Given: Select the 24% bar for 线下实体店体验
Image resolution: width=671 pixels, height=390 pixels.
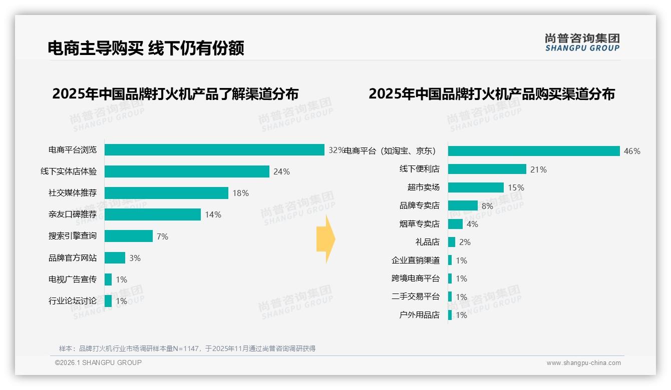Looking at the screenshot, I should [187, 171].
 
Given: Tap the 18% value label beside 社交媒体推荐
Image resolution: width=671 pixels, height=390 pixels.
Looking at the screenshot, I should [240, 193].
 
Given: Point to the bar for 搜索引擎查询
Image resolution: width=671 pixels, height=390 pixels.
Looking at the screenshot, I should [129, 236].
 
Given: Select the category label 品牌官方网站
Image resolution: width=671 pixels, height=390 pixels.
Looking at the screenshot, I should [73, 258].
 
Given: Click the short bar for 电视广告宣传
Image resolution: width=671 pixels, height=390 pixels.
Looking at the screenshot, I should [108, 279].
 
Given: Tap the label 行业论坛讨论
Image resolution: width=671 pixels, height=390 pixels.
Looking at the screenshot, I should [73, 301].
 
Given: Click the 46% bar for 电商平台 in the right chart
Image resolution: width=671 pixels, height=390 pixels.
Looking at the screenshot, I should [534, 151].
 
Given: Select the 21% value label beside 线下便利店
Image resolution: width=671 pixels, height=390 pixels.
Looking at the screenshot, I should [538, 169].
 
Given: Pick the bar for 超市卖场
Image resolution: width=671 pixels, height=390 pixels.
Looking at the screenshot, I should [476, 187].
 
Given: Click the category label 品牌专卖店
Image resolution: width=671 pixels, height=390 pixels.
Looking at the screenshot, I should [419, 205].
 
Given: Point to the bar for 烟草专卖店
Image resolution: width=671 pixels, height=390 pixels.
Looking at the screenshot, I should [455, 224].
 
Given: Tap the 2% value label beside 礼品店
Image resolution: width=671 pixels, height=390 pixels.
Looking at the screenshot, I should [465, 242].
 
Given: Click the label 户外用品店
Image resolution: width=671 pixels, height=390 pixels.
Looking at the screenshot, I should [419, 315].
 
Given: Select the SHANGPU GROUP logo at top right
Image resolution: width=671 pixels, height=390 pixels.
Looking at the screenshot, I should [582, 42].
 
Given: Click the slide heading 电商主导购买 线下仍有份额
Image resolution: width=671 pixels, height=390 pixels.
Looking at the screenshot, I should [146, 48].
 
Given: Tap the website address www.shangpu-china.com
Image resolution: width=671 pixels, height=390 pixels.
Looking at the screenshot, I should [583, 363].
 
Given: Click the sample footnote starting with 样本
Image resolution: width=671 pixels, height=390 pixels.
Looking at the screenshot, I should [187, 348].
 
